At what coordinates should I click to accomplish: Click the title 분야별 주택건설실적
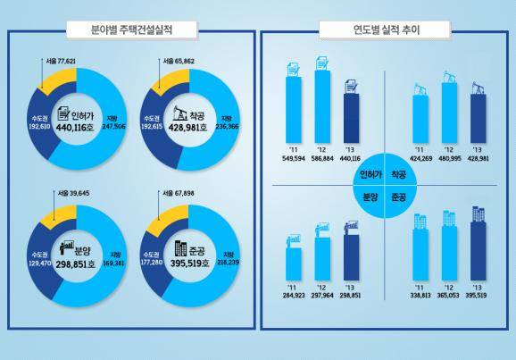[x=130, y=29]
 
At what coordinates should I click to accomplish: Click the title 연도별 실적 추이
[x=387, y=29]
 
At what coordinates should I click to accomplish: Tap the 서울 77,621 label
[x=61, y=62]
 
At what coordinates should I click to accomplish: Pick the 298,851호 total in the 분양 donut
[x=80, y=265]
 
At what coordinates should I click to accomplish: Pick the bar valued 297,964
[x=320, y=260]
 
